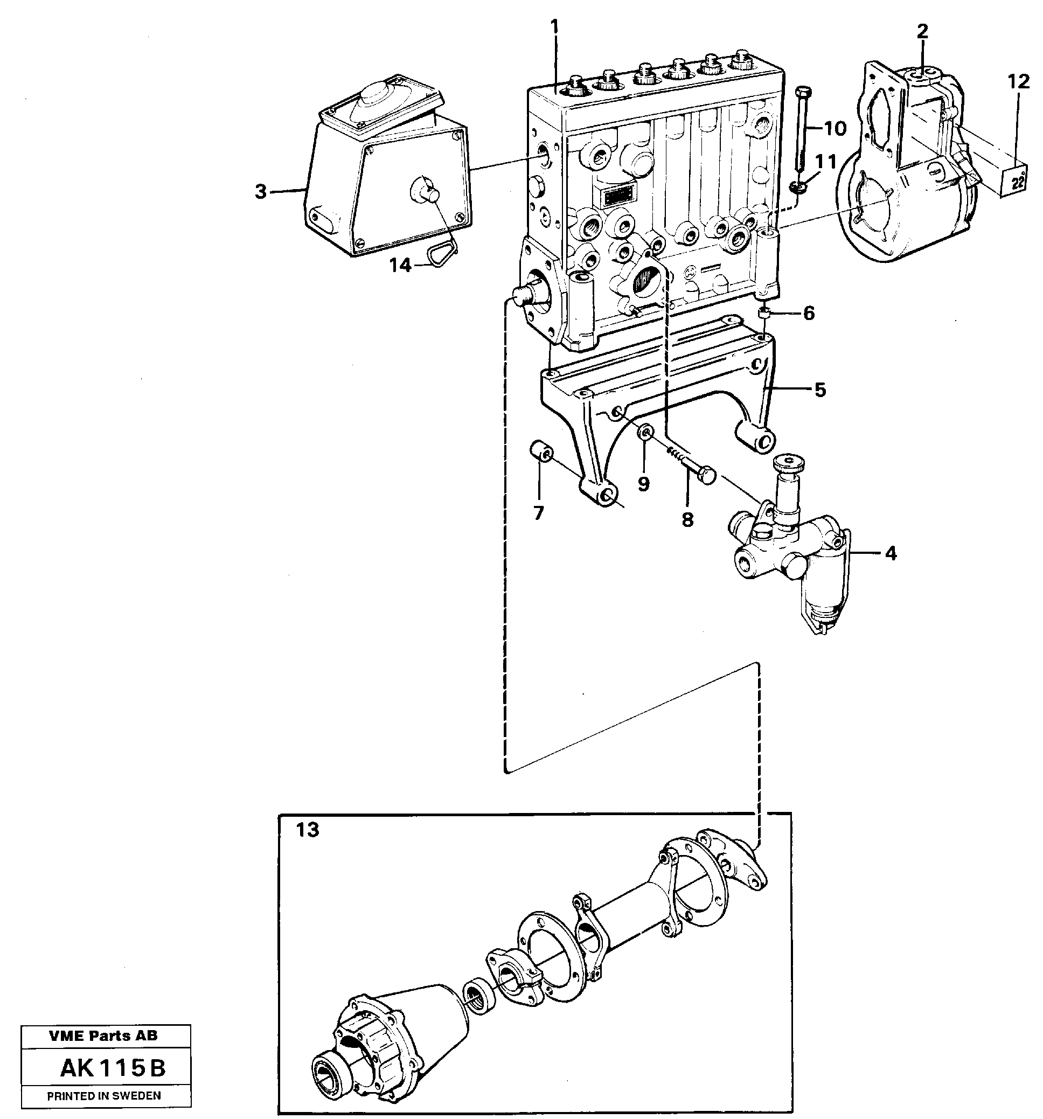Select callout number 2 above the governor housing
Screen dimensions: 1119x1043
922,32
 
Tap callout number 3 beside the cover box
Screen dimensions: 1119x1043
260,192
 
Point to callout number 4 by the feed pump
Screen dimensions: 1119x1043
891,553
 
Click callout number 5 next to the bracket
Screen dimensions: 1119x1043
820,389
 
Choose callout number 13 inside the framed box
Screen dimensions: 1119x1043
307,830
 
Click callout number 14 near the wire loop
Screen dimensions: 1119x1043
401,265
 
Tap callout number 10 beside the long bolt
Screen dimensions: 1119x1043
835,129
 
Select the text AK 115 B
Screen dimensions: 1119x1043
113,1068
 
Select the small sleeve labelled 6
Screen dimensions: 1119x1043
764,314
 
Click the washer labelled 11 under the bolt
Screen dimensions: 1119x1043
797,186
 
